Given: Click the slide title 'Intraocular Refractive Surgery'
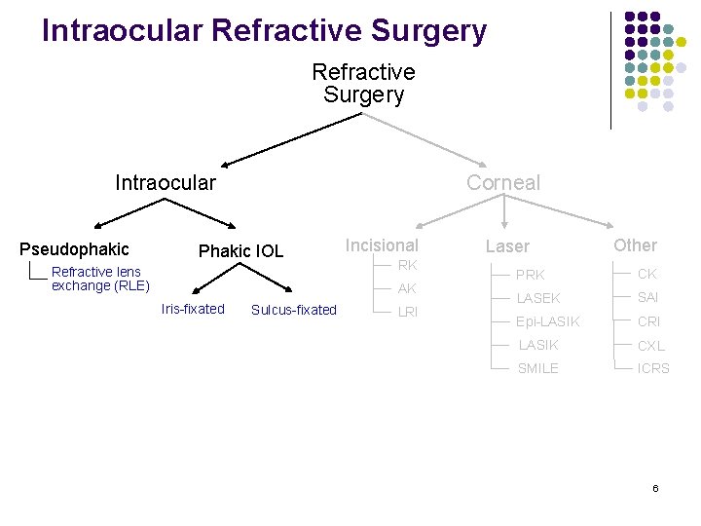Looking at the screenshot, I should pyautogui.click(x=264, y=30).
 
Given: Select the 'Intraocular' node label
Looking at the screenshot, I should pyautogui.click(x=166, y=182).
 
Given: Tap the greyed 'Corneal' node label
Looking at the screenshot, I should pyautogui.click(x=502, y=182).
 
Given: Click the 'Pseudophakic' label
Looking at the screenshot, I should pyautogui.click(x=74, y=249).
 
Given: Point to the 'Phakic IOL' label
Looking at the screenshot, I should pyautogui.click(x=240, y=251).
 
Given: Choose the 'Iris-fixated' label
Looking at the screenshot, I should pyautogui.click(x=193, y=309).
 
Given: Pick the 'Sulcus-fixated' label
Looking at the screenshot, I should pyautogui.click(x=293, y=310).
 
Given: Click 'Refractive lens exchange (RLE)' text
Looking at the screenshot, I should pyautogui.click(x=100, y=279).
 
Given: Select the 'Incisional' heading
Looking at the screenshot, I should pyautogui.click(x=382, y=245).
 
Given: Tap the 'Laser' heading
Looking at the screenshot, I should pyautogui.click(x=507, y=247).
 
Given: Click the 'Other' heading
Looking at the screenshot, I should pyautogui.click(x=635, y=245).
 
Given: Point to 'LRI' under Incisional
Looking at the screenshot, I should pyautogui.click(x=407, y=312).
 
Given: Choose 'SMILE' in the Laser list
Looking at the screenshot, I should pyautogui.click(x=537, y=368).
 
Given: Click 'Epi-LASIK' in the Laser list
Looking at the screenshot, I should pyautogui.click(x=547, y=321).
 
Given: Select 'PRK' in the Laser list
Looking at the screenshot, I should pyautogui.click(x=531, y=275).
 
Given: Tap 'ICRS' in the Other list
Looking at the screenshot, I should pyautogui.click(x=653, y=368).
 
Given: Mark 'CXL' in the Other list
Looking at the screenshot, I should pyautogui.click(x=651, y=345).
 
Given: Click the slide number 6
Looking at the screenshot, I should pyautogui.click(x=655, y=487).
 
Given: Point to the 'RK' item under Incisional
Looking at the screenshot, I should pyautogui.click(x=407, y=265).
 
